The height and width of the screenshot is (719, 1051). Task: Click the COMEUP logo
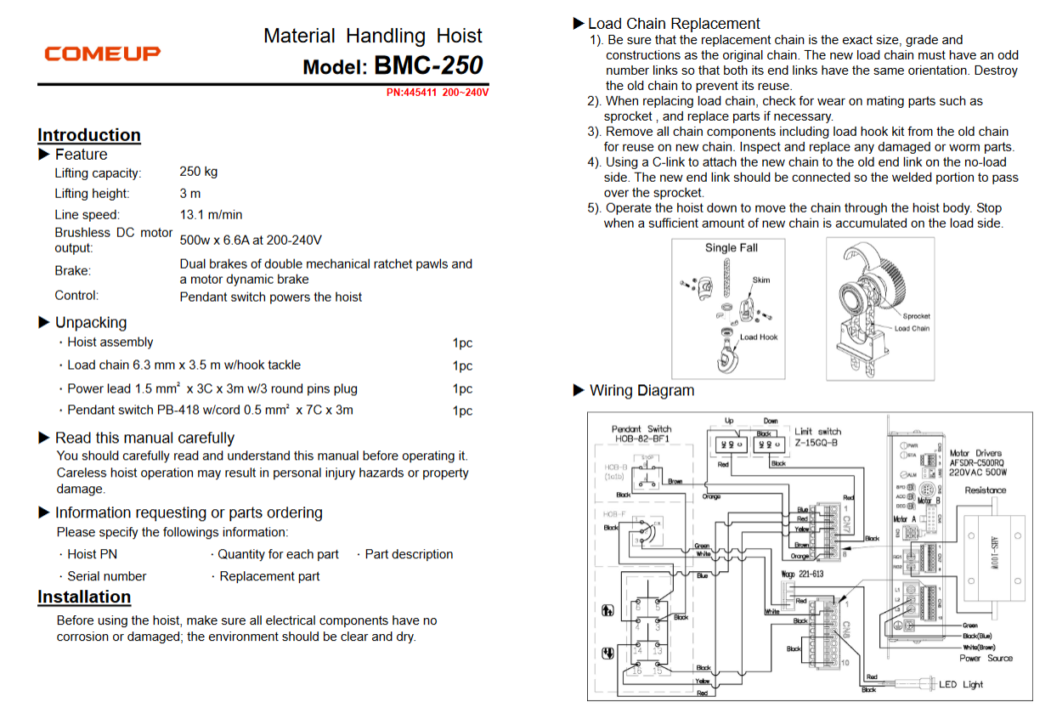[102, 54]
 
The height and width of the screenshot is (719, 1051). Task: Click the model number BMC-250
[427, 65]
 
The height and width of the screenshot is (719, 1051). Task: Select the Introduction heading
[89, 135]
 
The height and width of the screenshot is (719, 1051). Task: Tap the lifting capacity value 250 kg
[199, 172]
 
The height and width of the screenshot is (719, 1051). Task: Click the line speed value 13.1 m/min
[211, 215]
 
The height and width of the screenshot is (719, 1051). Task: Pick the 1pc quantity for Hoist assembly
[462, 343]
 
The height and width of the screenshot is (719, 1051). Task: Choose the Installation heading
[84, 597]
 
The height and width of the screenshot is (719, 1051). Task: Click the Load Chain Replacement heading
[673, 24]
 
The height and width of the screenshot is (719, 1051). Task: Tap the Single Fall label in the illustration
[731, 248]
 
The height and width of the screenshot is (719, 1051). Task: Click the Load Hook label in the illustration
[759, 337]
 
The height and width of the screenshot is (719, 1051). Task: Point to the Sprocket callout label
[916, 316]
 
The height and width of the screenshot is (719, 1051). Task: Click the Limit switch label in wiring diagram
[817, 432]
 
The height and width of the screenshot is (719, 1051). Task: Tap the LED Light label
[961, 684]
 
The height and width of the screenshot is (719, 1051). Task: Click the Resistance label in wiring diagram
[985, 490]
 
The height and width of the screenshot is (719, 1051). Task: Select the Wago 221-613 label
[802, 575]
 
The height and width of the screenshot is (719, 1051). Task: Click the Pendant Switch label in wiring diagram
[641, 429]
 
